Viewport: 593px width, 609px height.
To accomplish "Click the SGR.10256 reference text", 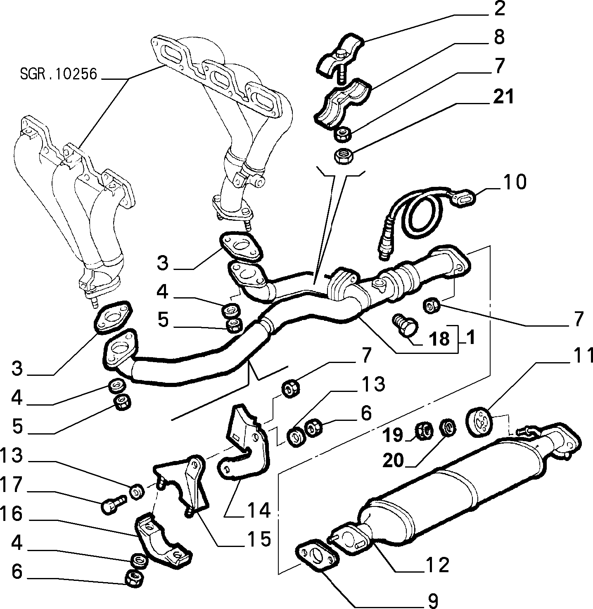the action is pyautogui.click(x=59, y=74).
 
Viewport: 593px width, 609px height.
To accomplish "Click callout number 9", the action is pyautogui.click(x=433, y=601).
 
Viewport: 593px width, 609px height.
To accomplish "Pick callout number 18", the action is pyautogui.click(x=440, y=339).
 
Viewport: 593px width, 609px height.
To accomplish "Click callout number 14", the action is pyautogui.click(x=259, y=511).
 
